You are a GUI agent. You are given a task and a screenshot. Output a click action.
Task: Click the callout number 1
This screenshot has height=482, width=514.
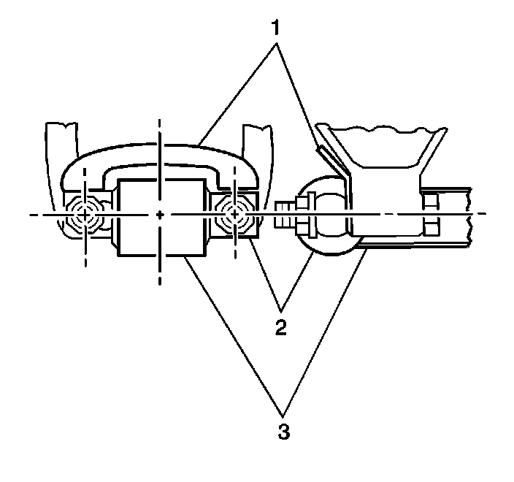(x=276, y=27)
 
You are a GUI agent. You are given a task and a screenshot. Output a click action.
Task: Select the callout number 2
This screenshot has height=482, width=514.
(x=281, y=327)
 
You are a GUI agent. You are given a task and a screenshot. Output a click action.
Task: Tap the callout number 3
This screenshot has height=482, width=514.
(x=284, y=432)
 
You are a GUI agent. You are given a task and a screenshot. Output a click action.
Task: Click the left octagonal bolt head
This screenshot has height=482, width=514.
(x=85, y=215)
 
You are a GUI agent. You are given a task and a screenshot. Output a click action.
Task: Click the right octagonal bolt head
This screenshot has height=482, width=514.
(x=234, y=215)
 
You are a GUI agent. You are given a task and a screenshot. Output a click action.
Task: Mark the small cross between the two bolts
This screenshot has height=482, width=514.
(x=160, y=215)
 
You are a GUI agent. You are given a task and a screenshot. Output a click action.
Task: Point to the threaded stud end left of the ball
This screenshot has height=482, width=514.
(x=285, y=215)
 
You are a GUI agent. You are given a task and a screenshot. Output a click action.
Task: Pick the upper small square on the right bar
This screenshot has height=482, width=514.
(x=431, y=202)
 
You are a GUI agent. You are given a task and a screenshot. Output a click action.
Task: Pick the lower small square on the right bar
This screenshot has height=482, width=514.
(x=431, y=228)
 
